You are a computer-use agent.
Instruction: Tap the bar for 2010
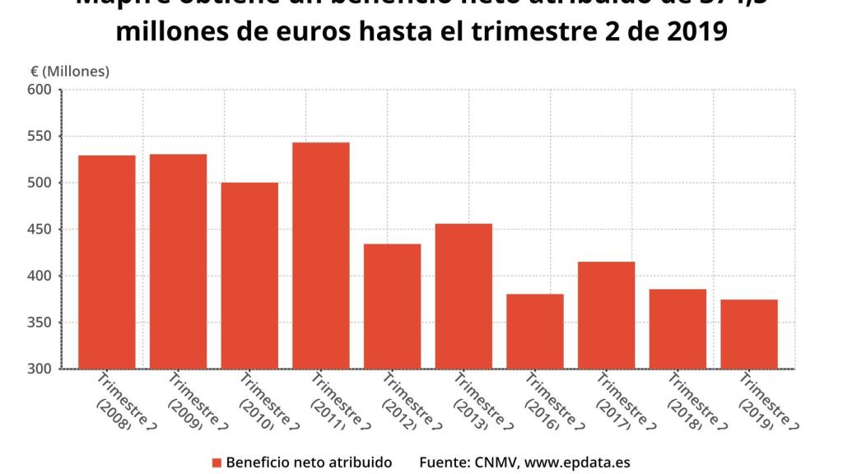coord(249,275)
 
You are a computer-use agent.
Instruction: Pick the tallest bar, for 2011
coord(321,255)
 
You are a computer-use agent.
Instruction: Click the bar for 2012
coord(392,306)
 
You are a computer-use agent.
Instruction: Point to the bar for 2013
coord(463,296)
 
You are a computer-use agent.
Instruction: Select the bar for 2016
coord(535,331)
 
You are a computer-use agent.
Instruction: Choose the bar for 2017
coord(606,314)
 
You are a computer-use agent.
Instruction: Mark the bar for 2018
coord(678,328)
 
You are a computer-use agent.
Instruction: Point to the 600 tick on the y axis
coord(41,90)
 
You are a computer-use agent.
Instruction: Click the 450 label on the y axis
coord(41,230)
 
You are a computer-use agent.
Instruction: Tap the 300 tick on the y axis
coord(41,369)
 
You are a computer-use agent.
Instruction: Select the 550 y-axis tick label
coord(41,137)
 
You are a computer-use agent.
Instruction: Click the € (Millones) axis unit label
coord(64,72)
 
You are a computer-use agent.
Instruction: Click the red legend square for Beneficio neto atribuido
coord(217,462)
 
